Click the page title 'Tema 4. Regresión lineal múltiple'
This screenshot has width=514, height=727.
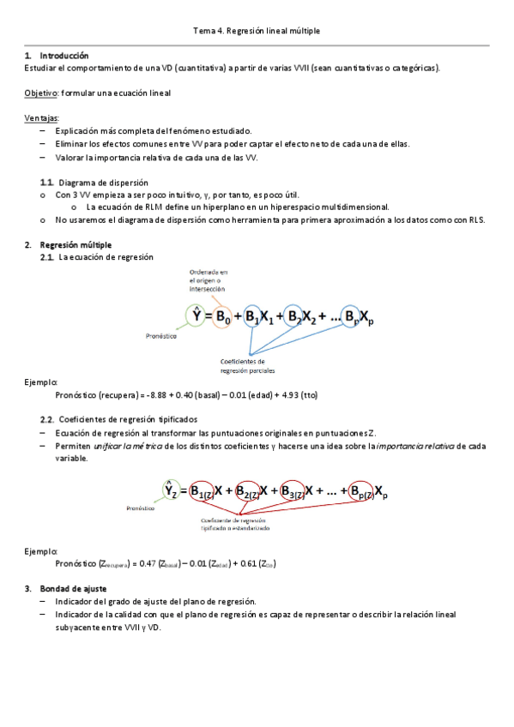(x=257, y=32)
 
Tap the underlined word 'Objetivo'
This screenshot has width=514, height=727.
(x=40, y=92)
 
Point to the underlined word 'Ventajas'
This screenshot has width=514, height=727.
(x=42, y=118)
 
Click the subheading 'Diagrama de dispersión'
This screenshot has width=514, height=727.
(x=103, y=183)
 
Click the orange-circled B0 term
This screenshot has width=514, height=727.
(x=222, y=316)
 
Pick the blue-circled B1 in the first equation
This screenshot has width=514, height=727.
(x=252, y=316)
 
